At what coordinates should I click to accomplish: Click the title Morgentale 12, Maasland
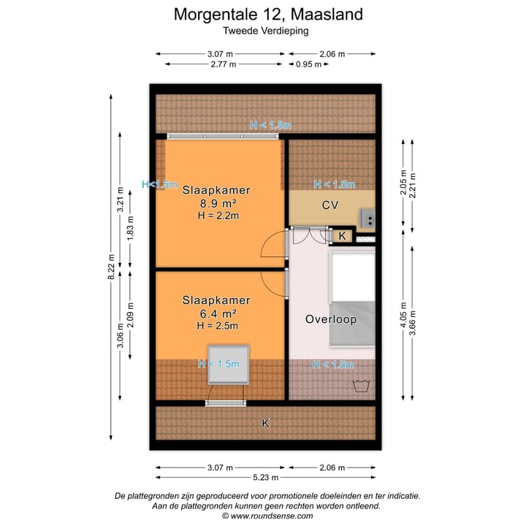pos(267,14)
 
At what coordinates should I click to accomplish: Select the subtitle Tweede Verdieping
pos(265,31)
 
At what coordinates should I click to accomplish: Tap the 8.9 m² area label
pos(216,203)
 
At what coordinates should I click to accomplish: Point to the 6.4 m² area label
pos(216,313)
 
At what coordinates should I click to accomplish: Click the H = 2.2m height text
pos(218,216)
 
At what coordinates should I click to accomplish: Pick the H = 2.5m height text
pos(218,326)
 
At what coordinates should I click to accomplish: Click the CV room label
pos(330,205)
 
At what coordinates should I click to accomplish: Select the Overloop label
pos(330,319)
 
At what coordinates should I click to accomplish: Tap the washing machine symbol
pos(360,385)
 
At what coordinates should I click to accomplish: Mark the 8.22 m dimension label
pos(111,267)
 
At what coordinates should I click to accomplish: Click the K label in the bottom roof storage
pos(266,423)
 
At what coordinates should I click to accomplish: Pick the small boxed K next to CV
pos(341,236)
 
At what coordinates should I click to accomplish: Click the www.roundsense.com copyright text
pos(267,516)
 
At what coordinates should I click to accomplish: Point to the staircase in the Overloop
pos(352,300)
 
